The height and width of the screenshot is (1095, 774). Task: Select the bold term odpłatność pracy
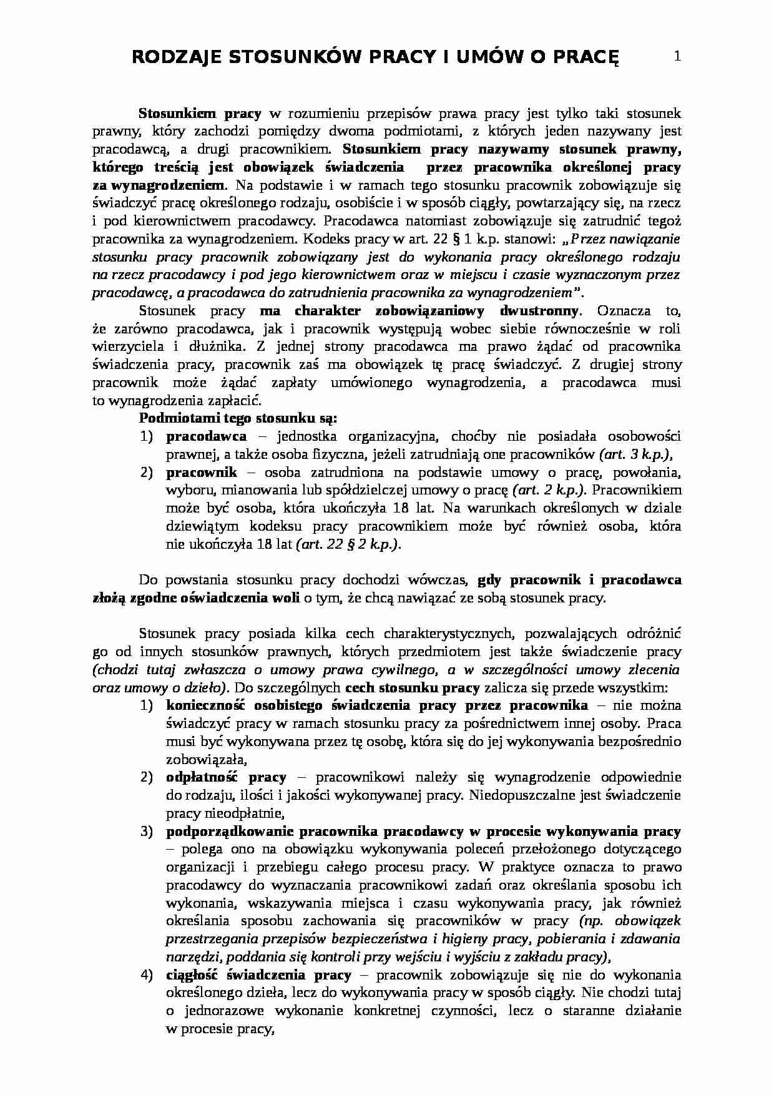point(226,777)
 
